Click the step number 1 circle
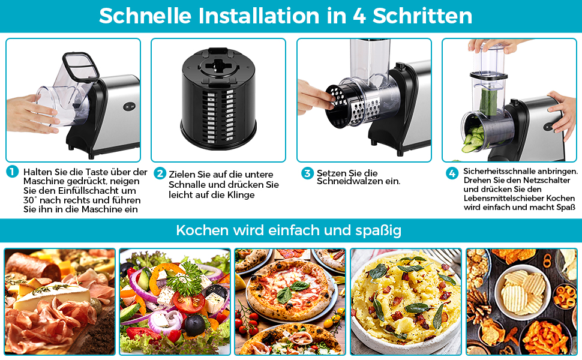12,172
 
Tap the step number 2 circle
160,173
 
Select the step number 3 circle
307,173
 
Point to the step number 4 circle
452,173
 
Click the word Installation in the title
259,16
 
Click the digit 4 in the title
359,16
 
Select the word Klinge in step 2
241,195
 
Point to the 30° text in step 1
30,200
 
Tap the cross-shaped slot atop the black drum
218,66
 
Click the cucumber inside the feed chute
488,101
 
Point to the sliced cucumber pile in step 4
473,139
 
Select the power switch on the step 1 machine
129,107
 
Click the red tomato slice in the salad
189,302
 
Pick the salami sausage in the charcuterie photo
32,266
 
